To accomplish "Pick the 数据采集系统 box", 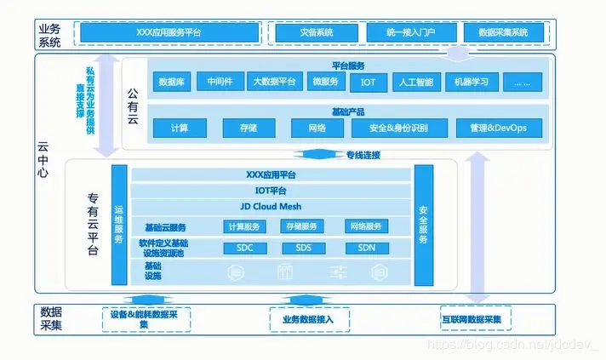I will pyautogui.click(x=505, y=32).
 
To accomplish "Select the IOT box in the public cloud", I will pyautogui.click(x=368, y=83).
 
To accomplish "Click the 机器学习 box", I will pyautogui.click(x=471, y=83).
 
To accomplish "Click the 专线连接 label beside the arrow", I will pyautogui.click(x=363, y=155).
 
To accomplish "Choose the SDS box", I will pyautogui.click(x=304, y=249).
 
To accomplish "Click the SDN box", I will pyautogui.click(x=366, y=249).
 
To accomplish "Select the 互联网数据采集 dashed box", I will pyautogui.click(x=471, y=320).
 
